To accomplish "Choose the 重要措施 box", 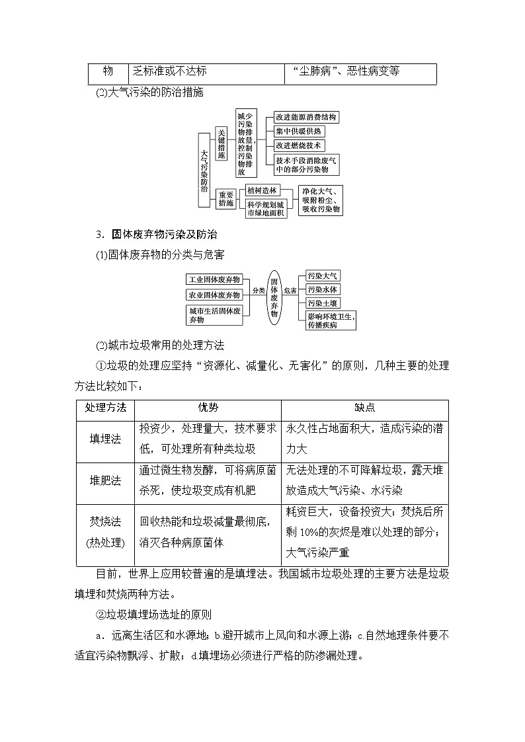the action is (x=226, y=199).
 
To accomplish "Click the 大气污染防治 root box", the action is (x=204, y=170).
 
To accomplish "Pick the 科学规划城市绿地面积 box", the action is (x=266, y=208).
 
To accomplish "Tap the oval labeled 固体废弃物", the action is (x=274, y=298).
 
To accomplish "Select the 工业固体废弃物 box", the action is (x=214, y=279).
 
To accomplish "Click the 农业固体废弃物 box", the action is (x=214, y=295).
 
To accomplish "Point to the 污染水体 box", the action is (x=323, y=289).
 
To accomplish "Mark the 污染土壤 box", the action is (x=323, y=303).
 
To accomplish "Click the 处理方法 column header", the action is (x=106, y=408).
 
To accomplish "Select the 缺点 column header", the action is (x=364, y=408).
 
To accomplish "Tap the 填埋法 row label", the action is (x=106, y=438).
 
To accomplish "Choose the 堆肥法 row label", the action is (x=106, y=480).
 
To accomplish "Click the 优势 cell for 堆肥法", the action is (x=207, y=480).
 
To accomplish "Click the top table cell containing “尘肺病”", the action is (x=360, y=71).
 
